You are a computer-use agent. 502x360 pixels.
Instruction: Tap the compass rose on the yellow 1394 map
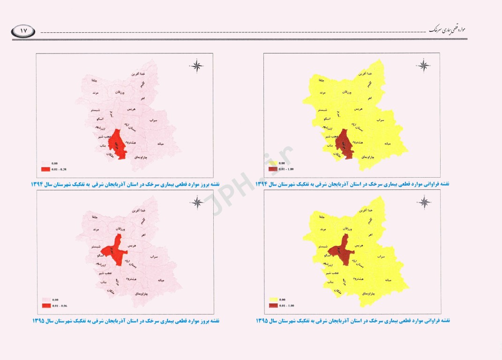pos(424,66)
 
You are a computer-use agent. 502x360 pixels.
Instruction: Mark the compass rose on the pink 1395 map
pos(197,202)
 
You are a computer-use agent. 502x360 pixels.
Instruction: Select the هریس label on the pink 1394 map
pos(132,109)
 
